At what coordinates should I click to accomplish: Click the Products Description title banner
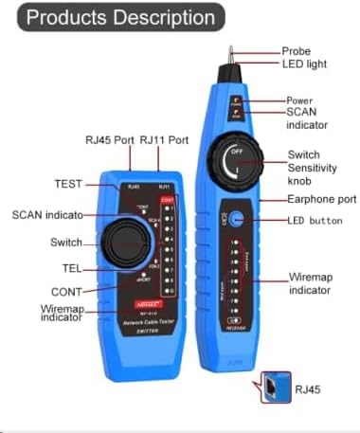[x=122, y=17]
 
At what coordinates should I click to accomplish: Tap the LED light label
[x=304, y=64]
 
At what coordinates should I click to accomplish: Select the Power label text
[x=301, y=100]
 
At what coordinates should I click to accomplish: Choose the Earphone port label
[x=318, y=200]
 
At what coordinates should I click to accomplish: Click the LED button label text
[x=315, y=221]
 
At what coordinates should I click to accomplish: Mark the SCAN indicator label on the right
[x=307, y=118]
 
